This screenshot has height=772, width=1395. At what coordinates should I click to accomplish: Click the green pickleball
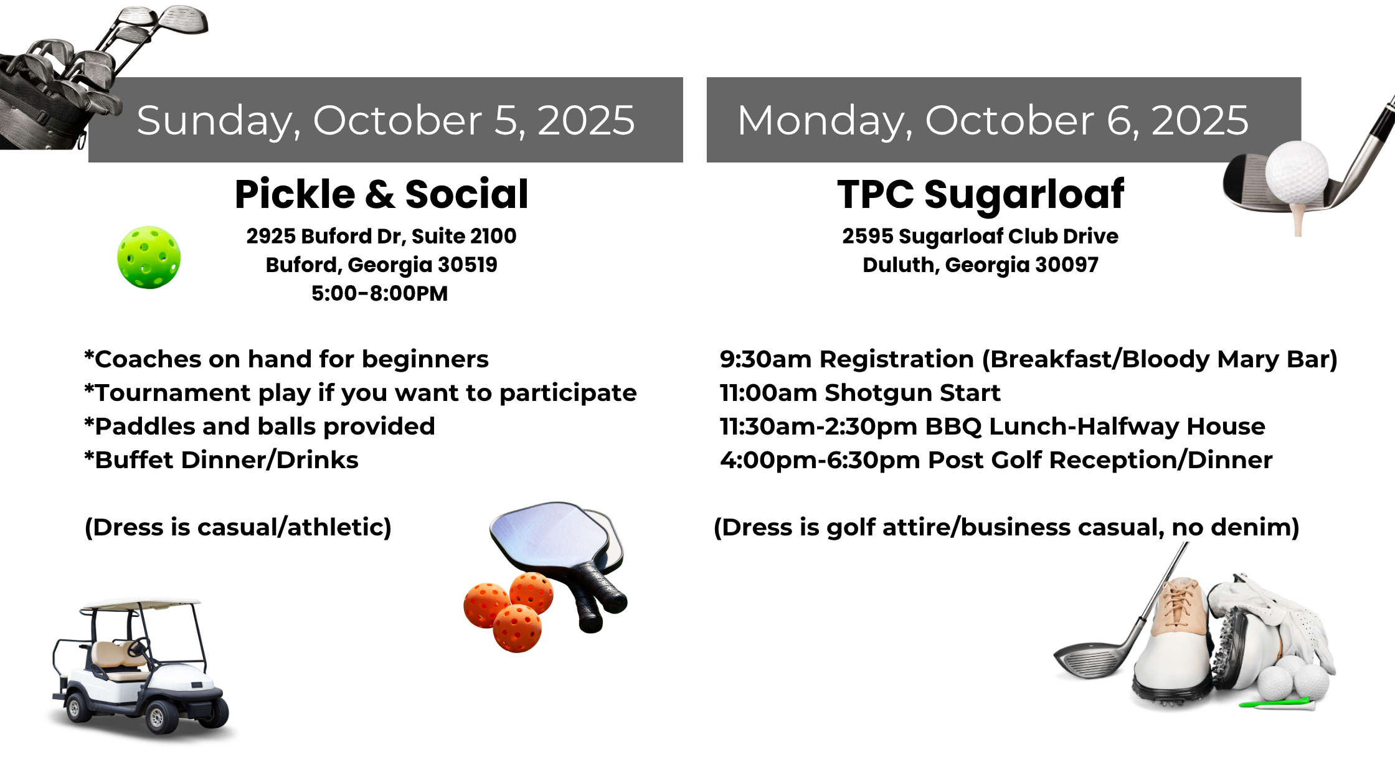point(149,257)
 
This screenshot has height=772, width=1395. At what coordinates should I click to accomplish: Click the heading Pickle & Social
point(381,194)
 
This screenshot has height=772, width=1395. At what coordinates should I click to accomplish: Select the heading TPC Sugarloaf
point(980,194)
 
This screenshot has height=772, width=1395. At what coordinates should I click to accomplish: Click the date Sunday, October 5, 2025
point(385,120)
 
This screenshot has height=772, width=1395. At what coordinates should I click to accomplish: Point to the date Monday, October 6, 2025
point(993,120)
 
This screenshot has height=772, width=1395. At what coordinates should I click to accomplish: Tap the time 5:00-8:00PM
point(379,293)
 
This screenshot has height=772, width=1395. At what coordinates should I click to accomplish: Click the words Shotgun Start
point(912,393)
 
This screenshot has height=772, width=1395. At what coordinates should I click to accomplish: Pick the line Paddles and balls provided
point(260,426)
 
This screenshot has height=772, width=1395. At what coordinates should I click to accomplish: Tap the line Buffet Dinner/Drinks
point(222,460)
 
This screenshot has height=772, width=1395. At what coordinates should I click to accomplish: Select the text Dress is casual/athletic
point(238,527)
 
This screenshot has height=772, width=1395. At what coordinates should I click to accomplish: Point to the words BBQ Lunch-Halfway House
point(1095,426)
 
